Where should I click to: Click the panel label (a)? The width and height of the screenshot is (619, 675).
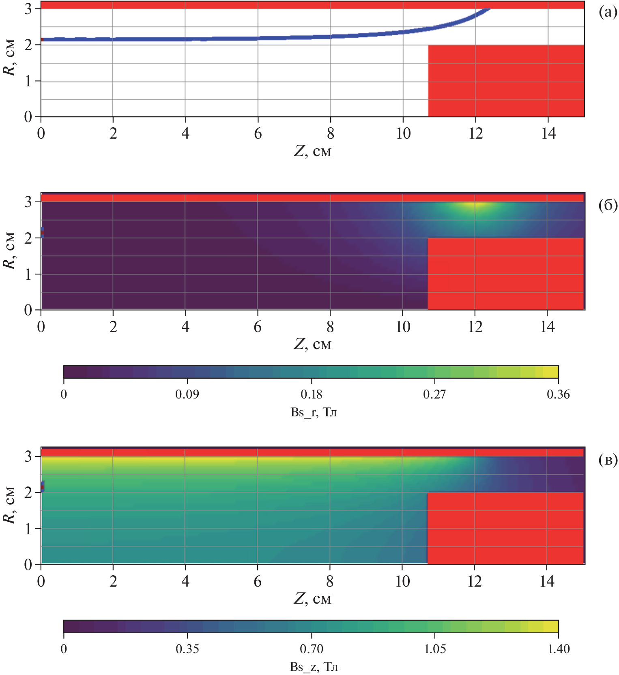(x=608, y=13)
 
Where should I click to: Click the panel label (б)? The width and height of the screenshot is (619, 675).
(x=608, y=206)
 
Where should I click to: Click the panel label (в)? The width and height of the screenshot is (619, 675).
(x=608, y=460)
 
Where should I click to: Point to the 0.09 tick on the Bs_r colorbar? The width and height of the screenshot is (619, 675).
(x=187, y=394)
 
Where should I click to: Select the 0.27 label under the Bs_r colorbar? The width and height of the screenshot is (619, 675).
(x=434, y=394)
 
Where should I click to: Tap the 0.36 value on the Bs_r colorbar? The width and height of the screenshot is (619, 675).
(x=558, y=394)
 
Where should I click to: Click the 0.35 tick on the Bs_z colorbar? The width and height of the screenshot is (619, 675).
(x=187, y=649)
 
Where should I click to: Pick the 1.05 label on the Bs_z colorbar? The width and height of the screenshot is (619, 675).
(x=435, y=649)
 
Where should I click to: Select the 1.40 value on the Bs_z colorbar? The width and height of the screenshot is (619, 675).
(x=559, y=649)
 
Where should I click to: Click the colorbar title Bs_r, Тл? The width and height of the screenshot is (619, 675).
(x=314, y=412)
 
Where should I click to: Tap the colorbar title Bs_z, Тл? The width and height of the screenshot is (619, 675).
(x=314, y=667)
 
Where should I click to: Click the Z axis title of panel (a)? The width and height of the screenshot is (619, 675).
(x=312, y=151)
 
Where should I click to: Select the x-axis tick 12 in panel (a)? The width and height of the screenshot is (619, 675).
(x=475, y=133)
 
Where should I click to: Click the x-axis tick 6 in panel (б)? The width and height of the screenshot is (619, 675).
(x=258, y=327)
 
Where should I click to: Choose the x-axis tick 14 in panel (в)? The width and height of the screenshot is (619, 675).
(x=547, y=581)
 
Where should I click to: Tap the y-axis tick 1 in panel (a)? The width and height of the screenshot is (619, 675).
(x=28, y=81)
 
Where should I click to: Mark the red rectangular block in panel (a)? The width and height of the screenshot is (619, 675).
(x=506, y=81)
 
